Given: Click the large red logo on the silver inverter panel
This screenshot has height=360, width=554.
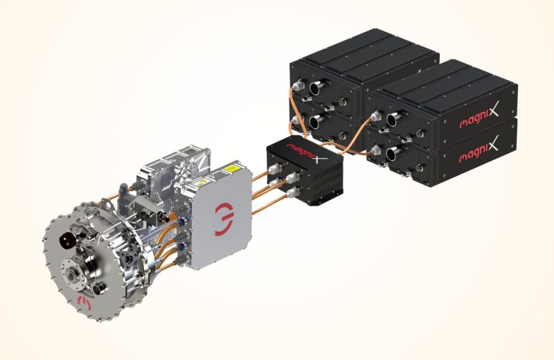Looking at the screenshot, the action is pos(224,219).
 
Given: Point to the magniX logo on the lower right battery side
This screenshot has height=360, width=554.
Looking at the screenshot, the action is pos(479,150).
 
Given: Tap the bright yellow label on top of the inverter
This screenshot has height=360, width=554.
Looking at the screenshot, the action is pos(232,168).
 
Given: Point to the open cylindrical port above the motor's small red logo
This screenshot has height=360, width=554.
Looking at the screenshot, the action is pos(98,289).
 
